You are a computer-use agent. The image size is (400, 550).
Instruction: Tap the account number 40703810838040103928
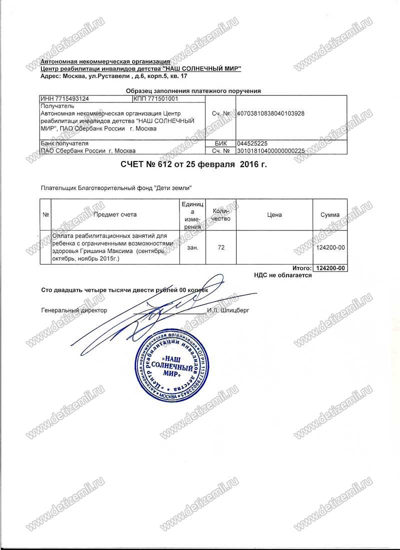[270, 113]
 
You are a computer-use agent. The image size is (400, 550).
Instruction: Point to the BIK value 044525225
[252, 143]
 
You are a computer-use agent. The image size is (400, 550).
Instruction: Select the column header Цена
[274, 215]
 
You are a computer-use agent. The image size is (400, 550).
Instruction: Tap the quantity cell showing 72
[221, 247]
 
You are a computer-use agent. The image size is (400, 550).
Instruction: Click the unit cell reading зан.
[192, 247]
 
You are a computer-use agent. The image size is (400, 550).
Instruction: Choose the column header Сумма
[330, 215]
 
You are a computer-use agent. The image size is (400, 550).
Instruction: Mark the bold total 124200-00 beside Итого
[330, 268]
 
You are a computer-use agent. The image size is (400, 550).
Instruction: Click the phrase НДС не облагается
[283, 275]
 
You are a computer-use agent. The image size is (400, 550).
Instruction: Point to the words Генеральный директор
[74, 310]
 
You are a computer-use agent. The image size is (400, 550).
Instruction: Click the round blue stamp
[172, 365]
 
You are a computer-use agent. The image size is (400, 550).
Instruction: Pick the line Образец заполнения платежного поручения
[193, 91]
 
